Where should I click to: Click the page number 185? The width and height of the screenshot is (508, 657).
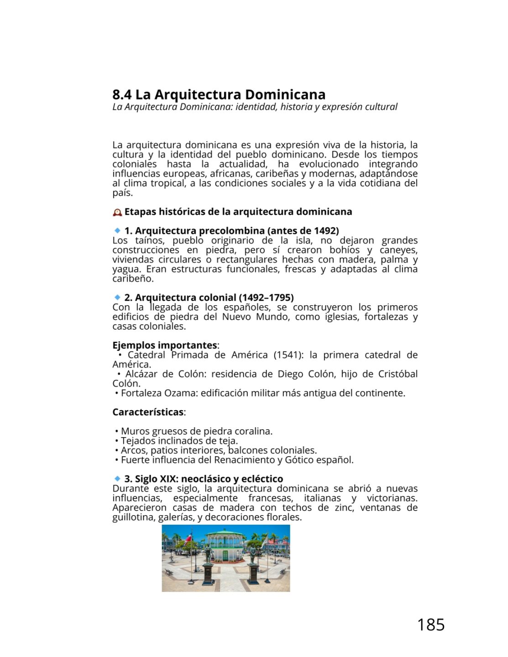(430, 625)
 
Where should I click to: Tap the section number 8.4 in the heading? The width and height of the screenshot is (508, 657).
(122, 95)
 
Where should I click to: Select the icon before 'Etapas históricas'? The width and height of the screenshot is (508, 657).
(117, 212)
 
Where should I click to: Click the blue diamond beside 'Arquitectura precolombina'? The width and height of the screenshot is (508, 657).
(118, 230)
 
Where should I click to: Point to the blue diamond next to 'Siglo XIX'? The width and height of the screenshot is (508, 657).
(118, 479)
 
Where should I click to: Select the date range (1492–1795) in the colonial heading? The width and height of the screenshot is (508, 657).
(266, 297)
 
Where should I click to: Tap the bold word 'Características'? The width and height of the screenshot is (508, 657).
(148, 412)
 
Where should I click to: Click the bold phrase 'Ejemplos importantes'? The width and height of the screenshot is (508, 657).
(165, 345)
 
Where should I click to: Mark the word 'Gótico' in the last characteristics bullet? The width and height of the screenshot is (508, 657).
(299, 460)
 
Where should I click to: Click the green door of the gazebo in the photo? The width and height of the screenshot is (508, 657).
(225, 555)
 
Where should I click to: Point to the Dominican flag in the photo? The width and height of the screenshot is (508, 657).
(188, 539)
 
